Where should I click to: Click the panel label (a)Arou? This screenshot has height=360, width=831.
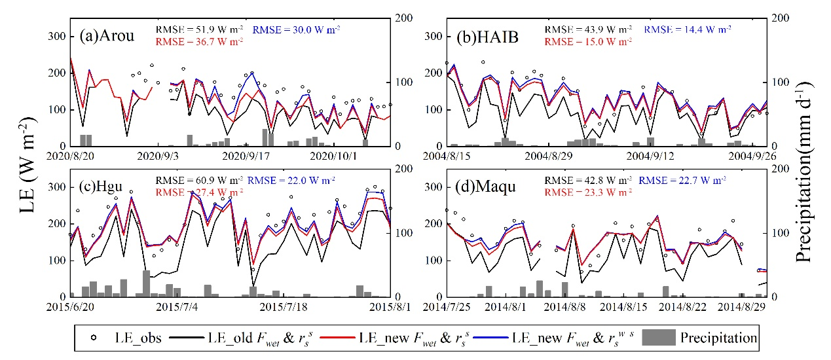tap(107, 36)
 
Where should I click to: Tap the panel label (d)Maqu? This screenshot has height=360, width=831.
tap(488, 187)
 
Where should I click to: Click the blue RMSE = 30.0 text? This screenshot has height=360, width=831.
tap(296, 29)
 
